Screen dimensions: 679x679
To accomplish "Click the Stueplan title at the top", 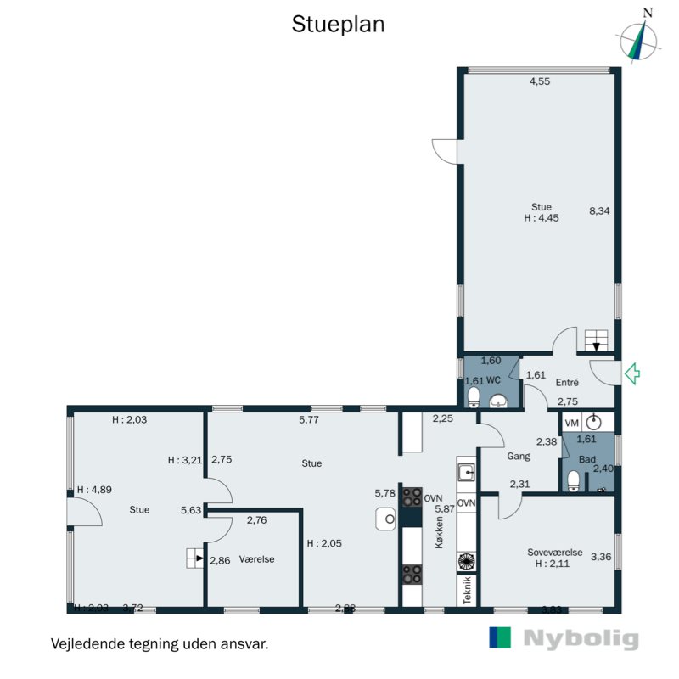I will pos(339,25).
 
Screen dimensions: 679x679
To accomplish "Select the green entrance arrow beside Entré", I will pos(631,373).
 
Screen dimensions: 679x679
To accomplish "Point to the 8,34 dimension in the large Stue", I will pos(600,211).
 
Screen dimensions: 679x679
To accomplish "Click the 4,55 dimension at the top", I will pos(541,82).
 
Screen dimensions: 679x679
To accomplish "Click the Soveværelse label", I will pos(553,552).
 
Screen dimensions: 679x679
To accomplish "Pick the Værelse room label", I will pos(256,559).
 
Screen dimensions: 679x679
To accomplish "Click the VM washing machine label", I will pos(571,422).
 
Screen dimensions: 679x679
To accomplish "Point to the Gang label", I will pos(518,456).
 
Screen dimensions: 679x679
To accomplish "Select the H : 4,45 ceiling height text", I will pos(541,218).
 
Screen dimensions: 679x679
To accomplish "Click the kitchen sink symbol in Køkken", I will pos(465,472).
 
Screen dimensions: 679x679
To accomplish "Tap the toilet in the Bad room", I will pos(574,481).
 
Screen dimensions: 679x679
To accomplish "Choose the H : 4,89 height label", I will pos(94,490).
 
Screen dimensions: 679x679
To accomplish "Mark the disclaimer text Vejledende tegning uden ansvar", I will pos(160,643).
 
